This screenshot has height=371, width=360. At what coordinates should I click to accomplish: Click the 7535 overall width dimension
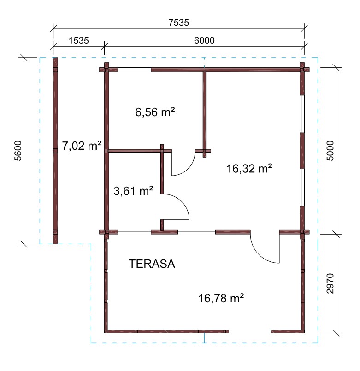pyautogui.click(x=179, y=23)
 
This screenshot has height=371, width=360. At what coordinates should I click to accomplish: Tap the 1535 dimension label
pyautogui.click(x=78, y=41)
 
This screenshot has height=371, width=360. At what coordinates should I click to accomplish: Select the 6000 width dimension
pyautogui.click(x=204, y=41)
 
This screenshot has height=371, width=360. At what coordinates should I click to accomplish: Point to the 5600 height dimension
pyautogui.click(x=18, y=151)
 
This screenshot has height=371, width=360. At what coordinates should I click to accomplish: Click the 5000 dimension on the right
pyautogui.click(x=330, y=151)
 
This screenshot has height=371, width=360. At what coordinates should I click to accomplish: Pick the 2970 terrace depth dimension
pyautogui.click(x=330, y=283)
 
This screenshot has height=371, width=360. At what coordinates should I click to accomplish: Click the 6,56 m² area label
pyautogui.click(x=155, y=112)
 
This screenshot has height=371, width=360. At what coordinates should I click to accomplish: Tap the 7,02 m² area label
pyautogui.click(x=82, y=146)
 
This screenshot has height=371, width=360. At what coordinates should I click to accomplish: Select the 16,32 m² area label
pyautogui.click(x=249, y=169)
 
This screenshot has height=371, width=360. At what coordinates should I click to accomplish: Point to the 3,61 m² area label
pyautogui.click(x=134, y=191)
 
